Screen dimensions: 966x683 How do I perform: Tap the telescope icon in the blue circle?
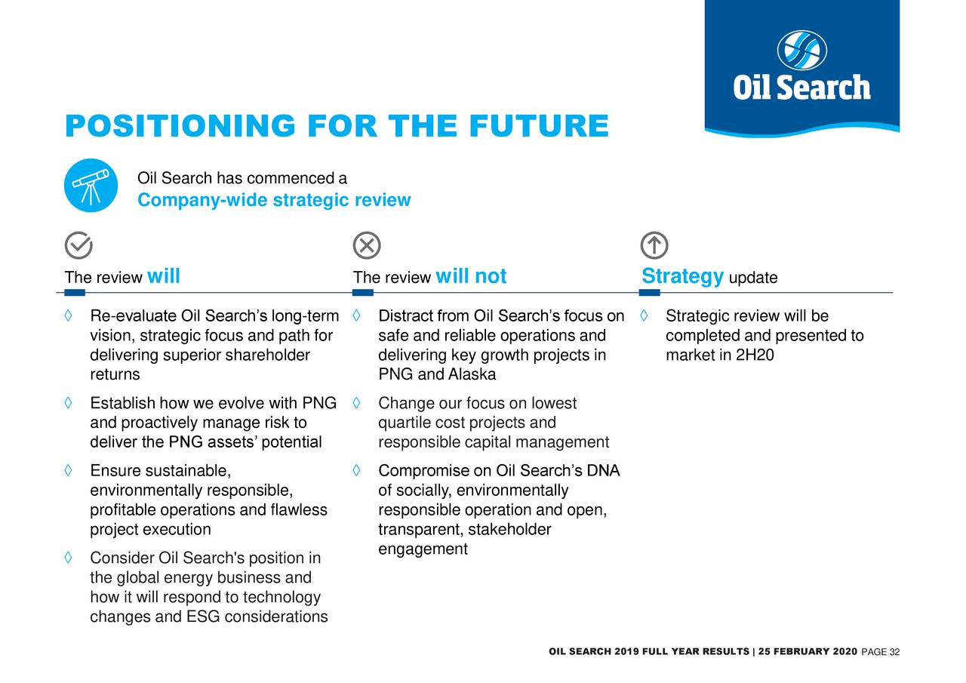coord(91,186)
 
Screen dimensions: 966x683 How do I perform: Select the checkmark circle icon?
coord(78,245)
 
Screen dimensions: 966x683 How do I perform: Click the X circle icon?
coord(367,245)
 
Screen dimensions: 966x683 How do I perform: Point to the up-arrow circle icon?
coord(654,245)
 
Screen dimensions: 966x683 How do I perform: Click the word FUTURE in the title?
coord(539,126)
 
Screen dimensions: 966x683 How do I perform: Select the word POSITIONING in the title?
coord(180,126)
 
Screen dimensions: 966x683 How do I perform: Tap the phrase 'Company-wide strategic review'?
coord(274,200)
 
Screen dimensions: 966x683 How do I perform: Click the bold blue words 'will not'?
coord(471,276)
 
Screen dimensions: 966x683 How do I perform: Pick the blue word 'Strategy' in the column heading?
coord(682,276)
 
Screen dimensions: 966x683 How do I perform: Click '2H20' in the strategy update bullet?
coord(755,355)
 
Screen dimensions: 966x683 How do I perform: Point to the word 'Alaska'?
coord(472,374)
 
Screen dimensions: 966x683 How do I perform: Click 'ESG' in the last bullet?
coord(203,617)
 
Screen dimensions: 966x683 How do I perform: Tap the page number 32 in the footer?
coord(894,652)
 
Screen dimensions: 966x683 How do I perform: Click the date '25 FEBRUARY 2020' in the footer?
coord(808,651)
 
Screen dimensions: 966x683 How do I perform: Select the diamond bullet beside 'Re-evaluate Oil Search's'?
coord(68,315)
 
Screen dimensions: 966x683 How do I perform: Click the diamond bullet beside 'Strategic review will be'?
coord(644,315)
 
